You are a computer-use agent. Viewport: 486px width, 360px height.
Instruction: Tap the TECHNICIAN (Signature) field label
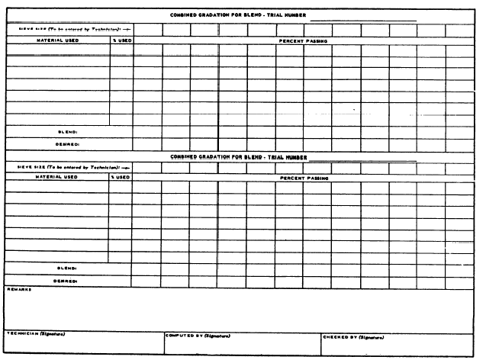click(35, 333)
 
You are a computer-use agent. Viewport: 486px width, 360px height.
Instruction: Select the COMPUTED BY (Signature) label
click(198, 335)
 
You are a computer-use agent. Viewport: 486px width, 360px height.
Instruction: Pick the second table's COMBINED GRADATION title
click(238, 157)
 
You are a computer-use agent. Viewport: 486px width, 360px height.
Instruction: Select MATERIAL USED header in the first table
click(58, 40)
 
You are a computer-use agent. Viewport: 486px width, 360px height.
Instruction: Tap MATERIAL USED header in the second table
click(56, 177)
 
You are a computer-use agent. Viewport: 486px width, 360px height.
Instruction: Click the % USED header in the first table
click(121, 40)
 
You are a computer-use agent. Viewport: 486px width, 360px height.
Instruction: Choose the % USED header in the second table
click(120, 177)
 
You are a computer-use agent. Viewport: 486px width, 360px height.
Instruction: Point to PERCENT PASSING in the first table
click(303, 40)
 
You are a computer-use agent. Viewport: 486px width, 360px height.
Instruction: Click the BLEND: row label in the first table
click(69, 131)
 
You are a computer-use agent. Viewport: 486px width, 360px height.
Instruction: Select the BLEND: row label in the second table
click(67, 268)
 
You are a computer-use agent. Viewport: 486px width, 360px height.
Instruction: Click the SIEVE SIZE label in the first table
click(69, 30)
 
